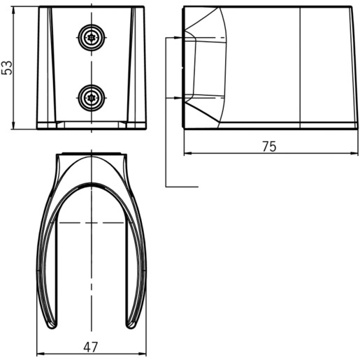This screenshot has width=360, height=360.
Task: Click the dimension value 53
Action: tap(6, 68)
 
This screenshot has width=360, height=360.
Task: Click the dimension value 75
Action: tap(269, 146)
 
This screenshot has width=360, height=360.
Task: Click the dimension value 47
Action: tap(91, 347)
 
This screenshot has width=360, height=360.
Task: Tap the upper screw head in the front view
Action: tap(92, 37)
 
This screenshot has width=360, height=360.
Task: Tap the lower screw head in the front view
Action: tap(92, 98)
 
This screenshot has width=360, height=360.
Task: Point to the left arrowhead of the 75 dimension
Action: tap(188, 153)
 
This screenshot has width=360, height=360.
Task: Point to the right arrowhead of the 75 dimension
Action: tap(354, 153)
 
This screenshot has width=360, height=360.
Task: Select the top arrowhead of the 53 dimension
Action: tap(14, 10)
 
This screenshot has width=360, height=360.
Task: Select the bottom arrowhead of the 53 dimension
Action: tap(14, 125)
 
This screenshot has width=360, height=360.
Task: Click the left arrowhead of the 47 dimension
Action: tap(41, 354)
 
